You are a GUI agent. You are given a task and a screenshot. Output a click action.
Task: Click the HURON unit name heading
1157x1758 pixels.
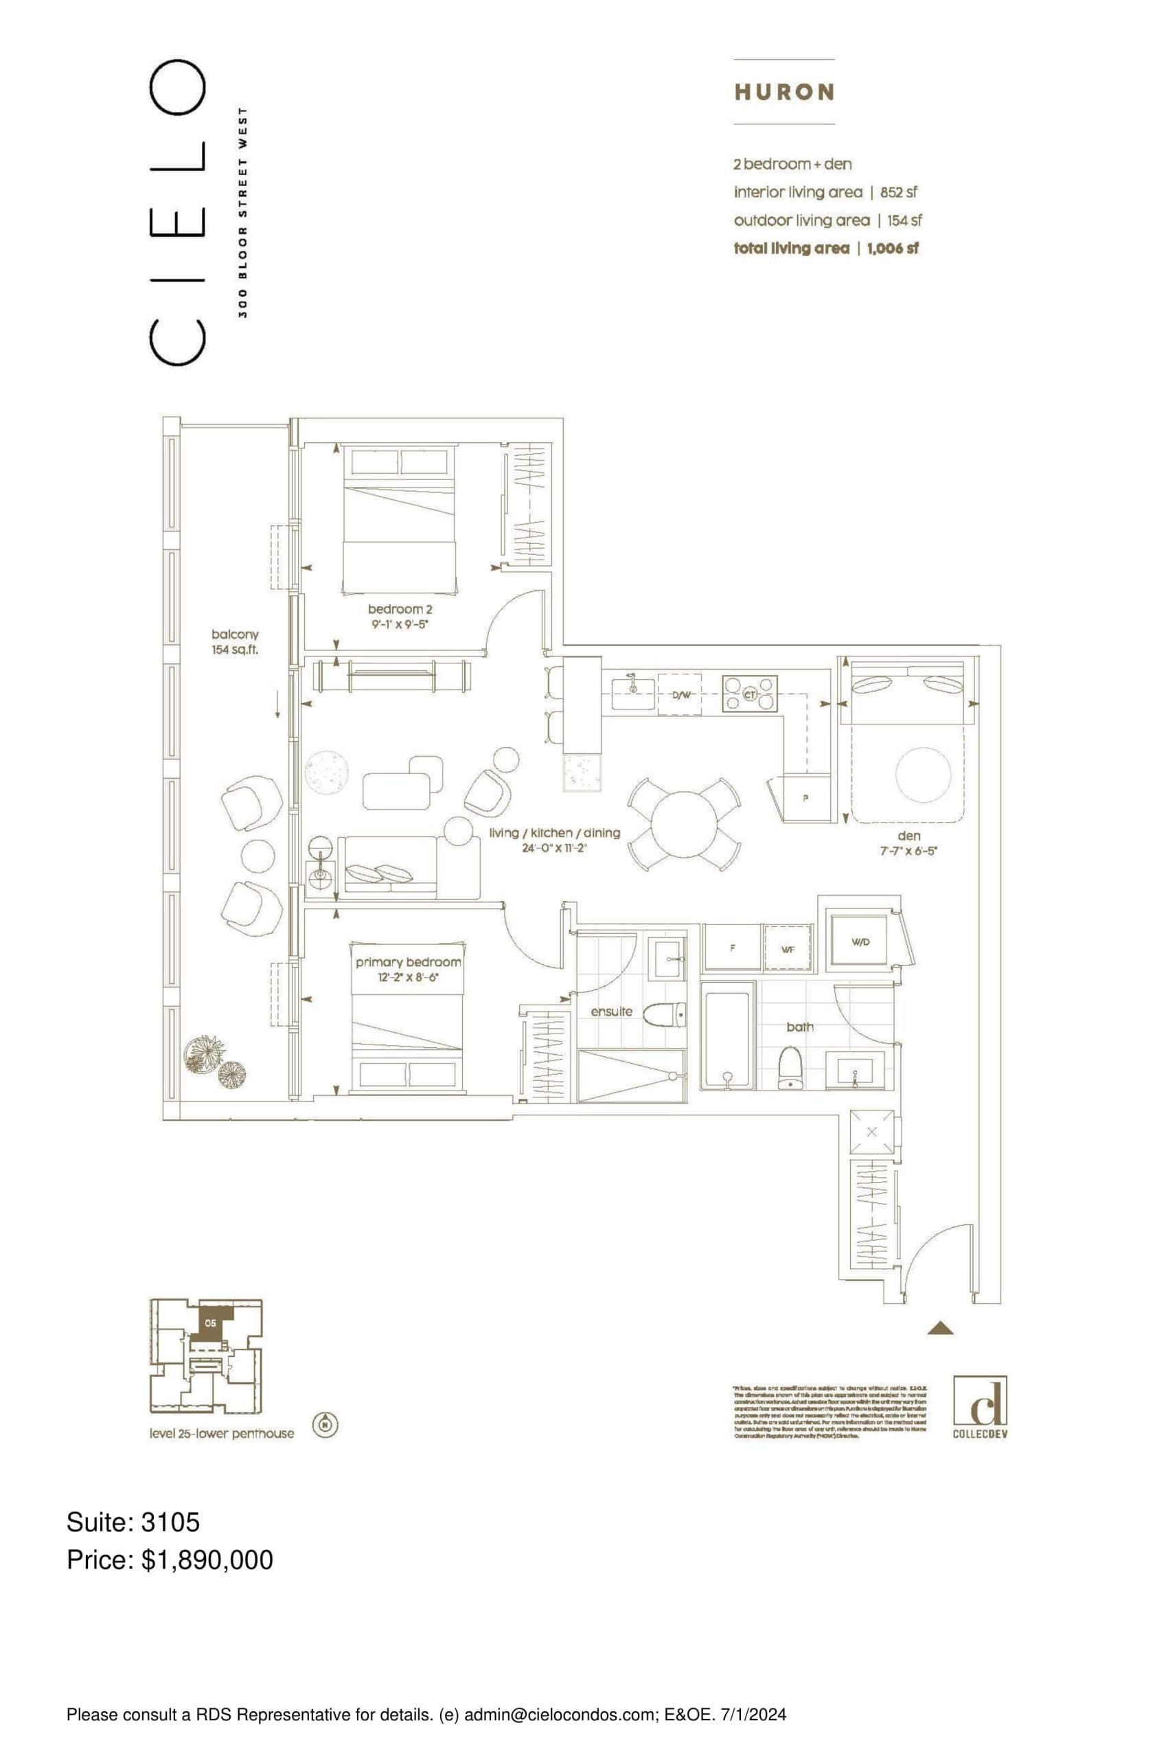(784, 92)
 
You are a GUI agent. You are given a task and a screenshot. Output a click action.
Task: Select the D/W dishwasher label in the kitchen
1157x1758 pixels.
(680, 695)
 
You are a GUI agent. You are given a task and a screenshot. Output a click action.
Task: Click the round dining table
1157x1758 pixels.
(684, 824)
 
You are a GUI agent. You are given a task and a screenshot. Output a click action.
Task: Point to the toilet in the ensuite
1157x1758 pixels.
(664, 1015)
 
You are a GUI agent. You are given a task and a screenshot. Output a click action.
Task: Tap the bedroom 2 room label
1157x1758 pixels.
(400, 609)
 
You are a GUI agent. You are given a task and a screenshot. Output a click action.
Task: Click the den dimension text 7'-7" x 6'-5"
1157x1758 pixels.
(908, 851)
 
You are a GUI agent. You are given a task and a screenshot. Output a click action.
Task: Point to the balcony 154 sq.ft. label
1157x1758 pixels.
(235, 642)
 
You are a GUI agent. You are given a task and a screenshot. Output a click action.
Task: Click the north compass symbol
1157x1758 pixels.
(325, 1424)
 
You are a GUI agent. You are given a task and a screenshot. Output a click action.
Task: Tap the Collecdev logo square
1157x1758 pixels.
(980, 1400)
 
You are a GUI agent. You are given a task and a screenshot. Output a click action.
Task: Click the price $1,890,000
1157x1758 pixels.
(207, 1560)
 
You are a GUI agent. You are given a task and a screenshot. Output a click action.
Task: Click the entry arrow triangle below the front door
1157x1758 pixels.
(940, 1328)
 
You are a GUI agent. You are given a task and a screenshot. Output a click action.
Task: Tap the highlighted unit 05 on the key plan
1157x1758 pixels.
(212, 1322)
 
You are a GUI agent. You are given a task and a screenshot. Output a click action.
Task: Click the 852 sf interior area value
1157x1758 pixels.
(898, 192)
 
